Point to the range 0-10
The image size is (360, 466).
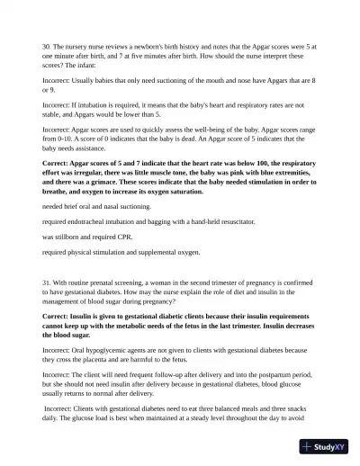[54, 140]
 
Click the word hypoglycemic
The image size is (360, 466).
[104, 348]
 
